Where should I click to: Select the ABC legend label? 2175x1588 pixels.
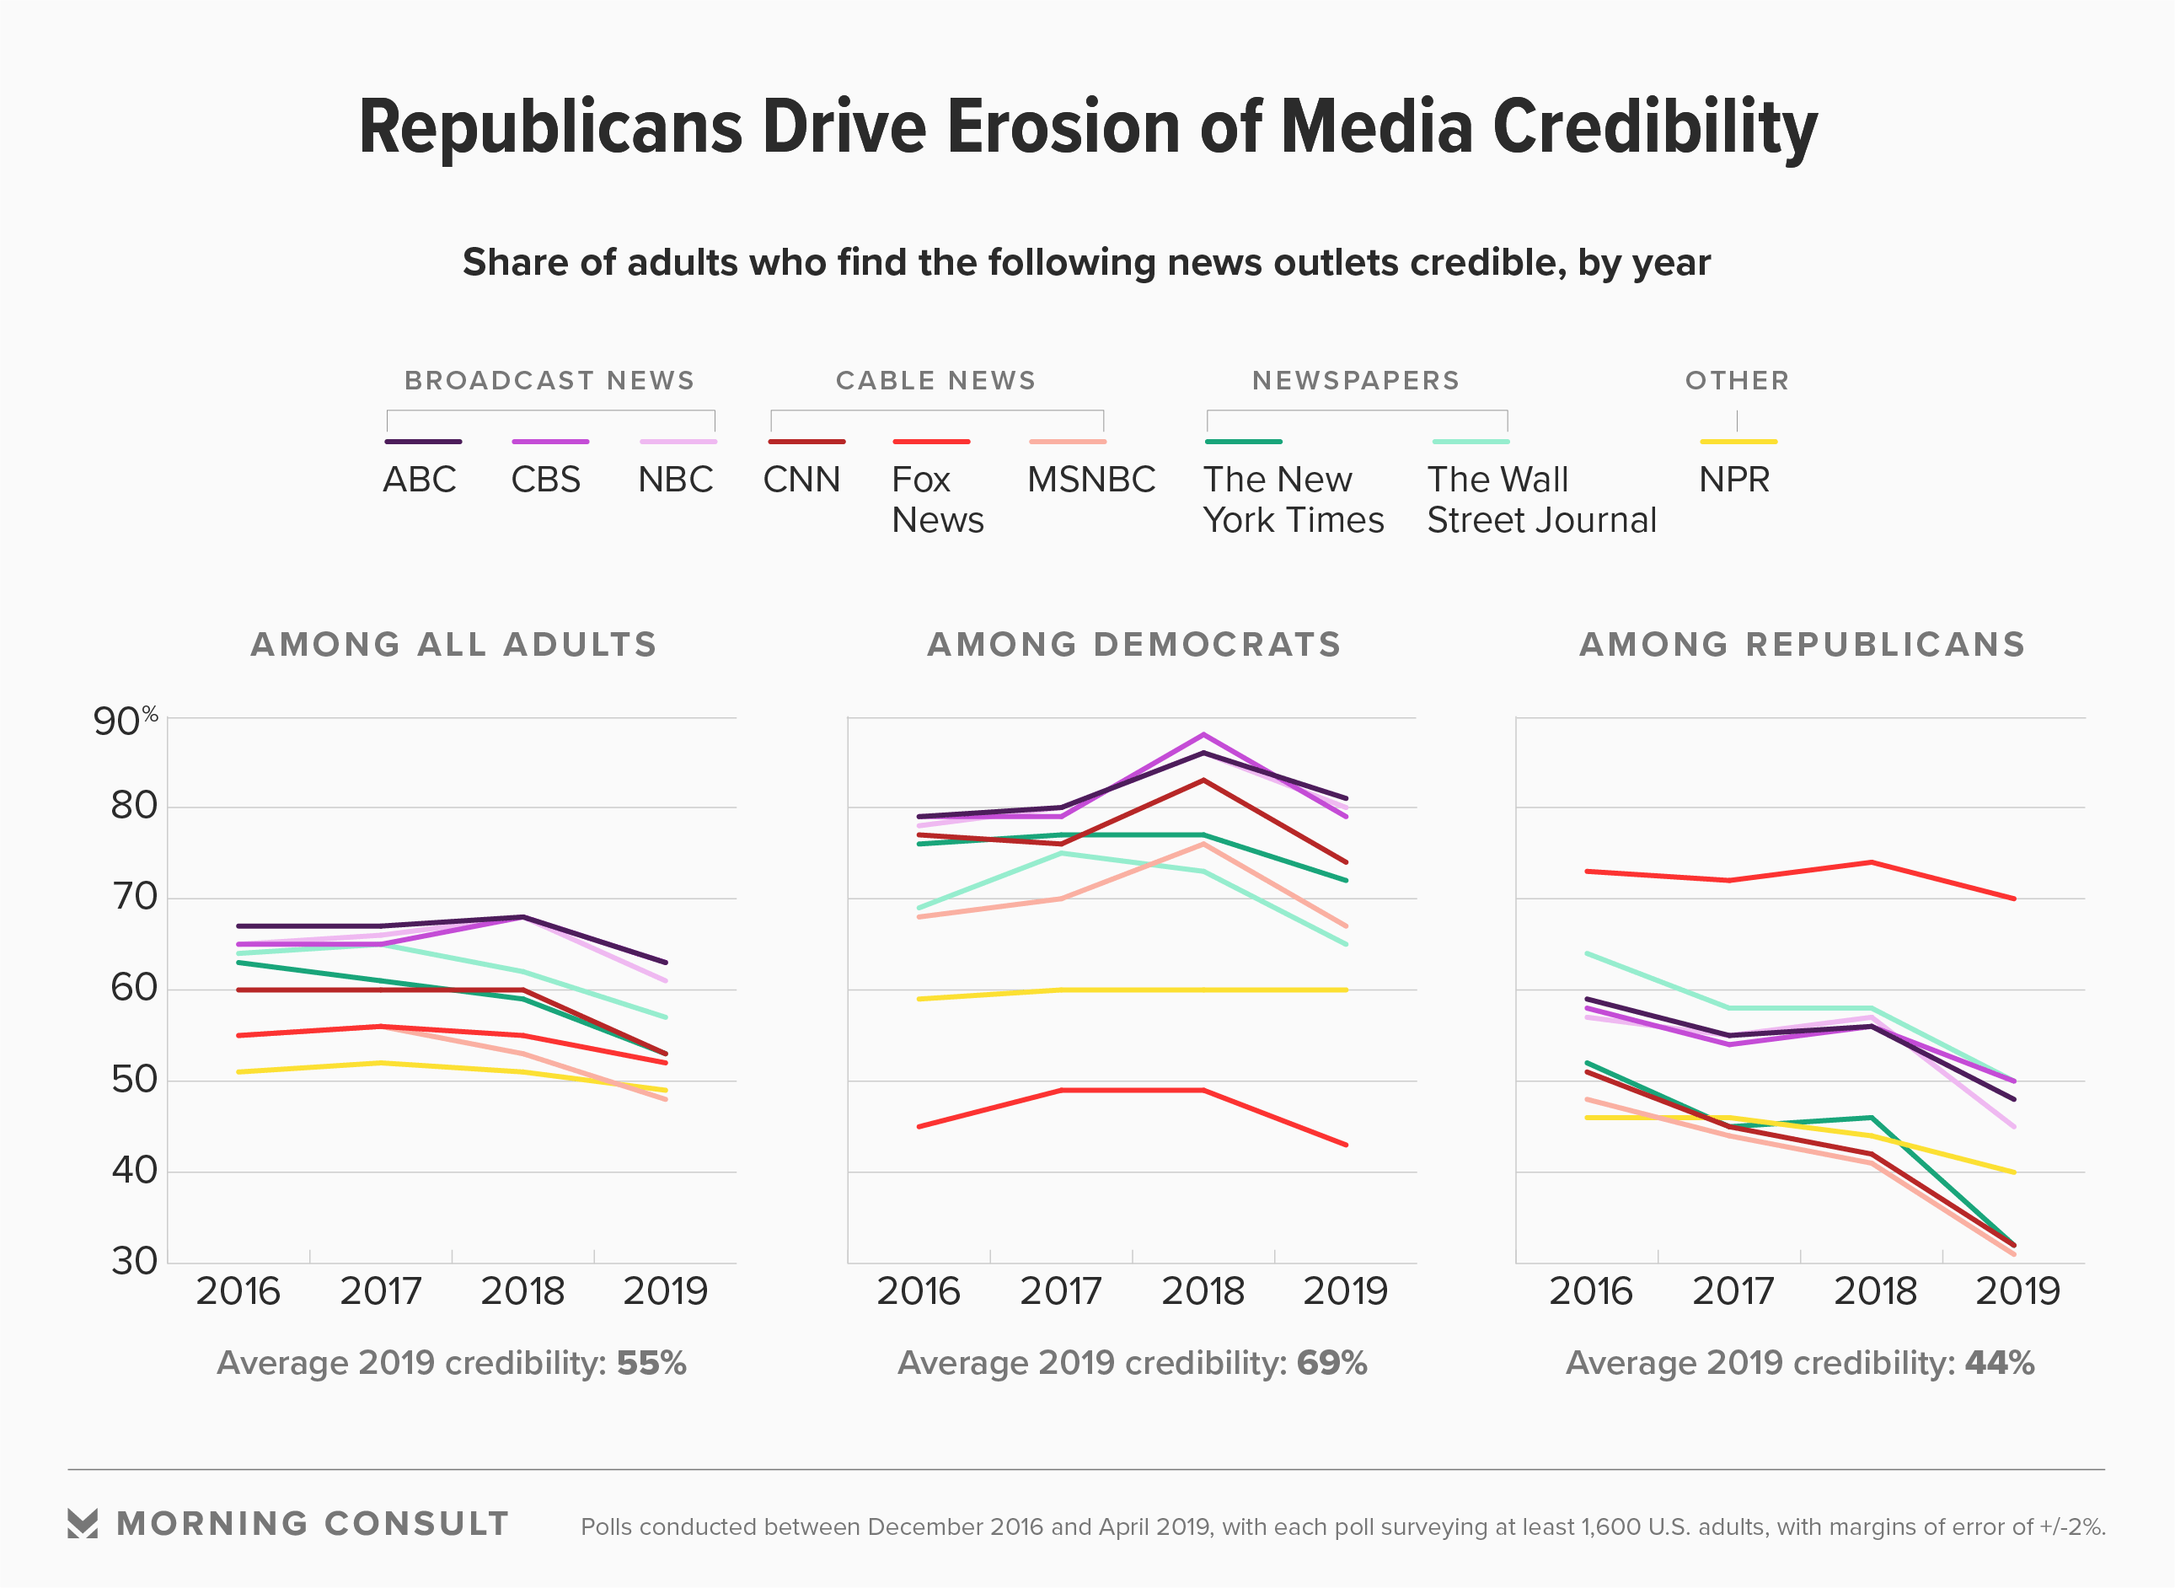[x=419, y=480]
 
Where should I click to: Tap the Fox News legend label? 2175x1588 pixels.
[x=937, y=500]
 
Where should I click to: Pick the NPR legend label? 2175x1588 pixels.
[x=1734, y=480]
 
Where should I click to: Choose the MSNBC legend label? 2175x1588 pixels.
[x=1090, y=480]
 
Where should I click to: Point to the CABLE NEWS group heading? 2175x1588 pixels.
[x=935, y=381]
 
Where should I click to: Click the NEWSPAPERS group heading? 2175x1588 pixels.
[x=1355, y=381]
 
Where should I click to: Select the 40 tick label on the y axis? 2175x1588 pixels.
[x=134, y=1171]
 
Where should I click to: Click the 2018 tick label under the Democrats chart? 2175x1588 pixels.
[x=1203, y=1291]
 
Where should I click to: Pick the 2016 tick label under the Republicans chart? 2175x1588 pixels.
[x=1591, y=1291]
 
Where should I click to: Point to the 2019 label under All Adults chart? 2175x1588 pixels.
[x=665, y=1291]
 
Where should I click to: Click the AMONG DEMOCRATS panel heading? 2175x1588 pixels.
[x=1133, y=644]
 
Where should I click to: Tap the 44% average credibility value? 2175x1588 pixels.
[x=1999, y=1363]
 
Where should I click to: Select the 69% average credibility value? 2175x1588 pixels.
[x=1331, y=1363]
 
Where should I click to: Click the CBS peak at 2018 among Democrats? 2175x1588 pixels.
[x=1203, y=735]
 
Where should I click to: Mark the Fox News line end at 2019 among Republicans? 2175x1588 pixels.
[x=2013, y=898]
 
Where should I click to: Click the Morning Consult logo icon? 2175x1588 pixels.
[x=83, y=1524]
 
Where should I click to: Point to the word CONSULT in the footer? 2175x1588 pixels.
[x=416, y=1524]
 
